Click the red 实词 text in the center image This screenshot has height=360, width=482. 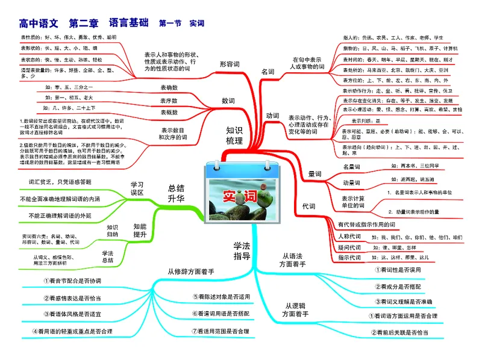click(x=240, y=196)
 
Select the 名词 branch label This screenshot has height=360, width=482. click(x=267, y=72)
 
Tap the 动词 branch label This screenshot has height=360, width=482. click(x=272, y=115)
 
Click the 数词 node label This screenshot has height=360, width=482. click(x=228, y=100)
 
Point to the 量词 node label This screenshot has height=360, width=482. click(x=315, y=173)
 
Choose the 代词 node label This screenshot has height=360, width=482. click(x=308, y=206)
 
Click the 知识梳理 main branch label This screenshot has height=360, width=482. click(x=234, y=135)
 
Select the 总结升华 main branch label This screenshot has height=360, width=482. click(x=176, y=193)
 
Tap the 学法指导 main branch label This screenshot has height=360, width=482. click(x=242, y=250)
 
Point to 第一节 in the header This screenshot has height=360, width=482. click(x=170, y=24)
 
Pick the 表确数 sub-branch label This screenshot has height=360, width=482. click(x=169, y=88)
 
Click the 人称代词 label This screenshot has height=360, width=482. click(x=350, y=236)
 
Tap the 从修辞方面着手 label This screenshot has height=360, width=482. click(x=190, y=272)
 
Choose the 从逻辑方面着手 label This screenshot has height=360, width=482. click(x=296, y=309)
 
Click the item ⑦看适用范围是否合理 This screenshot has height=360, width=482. click(x=220, y=331)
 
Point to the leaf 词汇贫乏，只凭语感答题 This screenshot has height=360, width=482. click(x=60, y=181)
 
